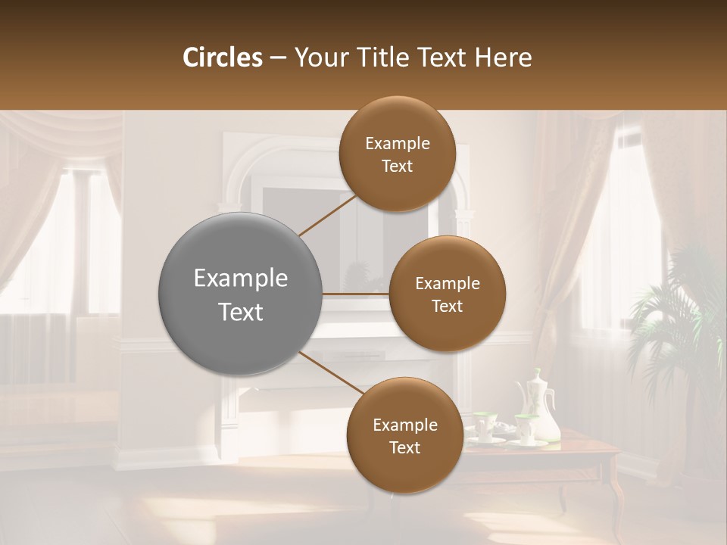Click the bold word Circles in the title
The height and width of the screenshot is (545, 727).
pos(222,58)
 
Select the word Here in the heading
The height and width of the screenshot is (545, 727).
pos(503,58)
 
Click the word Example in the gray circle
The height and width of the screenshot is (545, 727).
pos(240,279)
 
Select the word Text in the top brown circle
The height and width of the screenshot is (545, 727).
pos(397,166)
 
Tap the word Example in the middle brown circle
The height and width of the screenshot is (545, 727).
pos(447,284)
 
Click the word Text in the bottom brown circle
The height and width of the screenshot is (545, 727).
pos(404,447)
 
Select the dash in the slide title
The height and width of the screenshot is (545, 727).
pos(278,58)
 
